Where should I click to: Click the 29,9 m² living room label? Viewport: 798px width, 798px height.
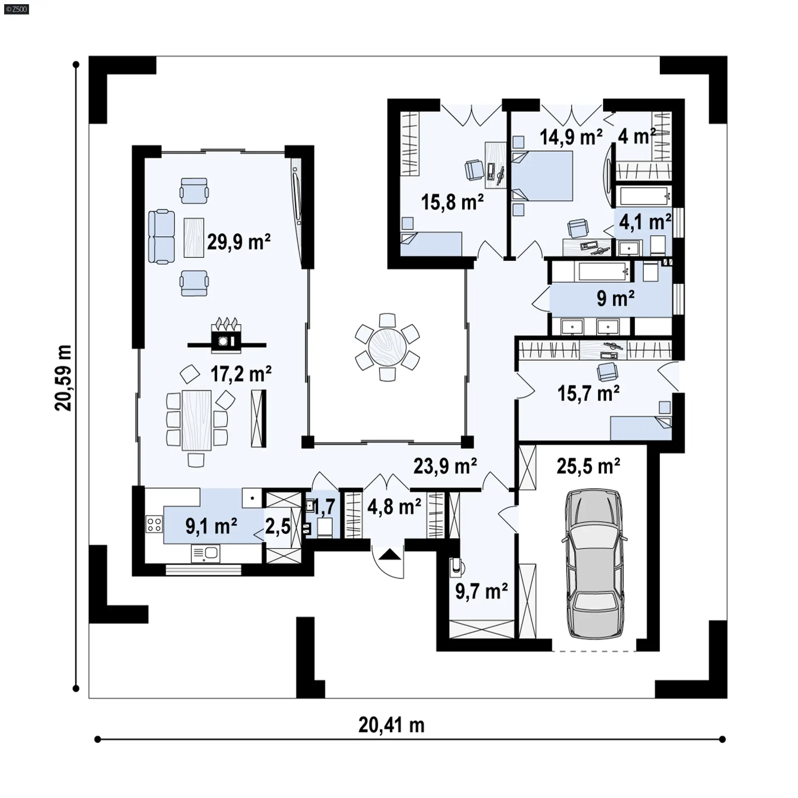pyautogui.click(x=239, y=241)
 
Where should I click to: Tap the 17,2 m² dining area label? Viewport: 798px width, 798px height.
pyautogui.click(x=241, y=374)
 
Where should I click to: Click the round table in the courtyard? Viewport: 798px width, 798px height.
pyautogui.click(x=387, y=347)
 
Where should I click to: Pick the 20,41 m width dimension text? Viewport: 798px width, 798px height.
pyautogui.click(x=392, y=725)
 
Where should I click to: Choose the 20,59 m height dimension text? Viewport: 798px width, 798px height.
pyautogui.click(x=63, y=378)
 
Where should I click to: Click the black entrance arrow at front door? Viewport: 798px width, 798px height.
pyautogui.click(x=387, y=554)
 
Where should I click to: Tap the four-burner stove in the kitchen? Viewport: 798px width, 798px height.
pyautogui.click(x=154, y=524)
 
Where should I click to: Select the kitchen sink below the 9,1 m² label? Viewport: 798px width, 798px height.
pyautogui.click(x=205, y=554)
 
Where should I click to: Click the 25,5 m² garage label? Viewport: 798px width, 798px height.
pyautogui.click(x=588, y=466)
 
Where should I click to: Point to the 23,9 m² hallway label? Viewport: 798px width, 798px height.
pyautogui.click(x=445, y=466)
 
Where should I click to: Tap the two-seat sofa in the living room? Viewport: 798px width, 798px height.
pyautogui.click(x=162, y=237)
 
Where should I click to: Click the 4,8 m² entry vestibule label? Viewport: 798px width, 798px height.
pyautogui.click(x=394, y=507)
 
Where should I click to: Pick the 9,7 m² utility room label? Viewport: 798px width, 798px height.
pyautogui.click(x=481, y=591)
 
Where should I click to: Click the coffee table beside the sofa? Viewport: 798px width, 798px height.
pyautogui.click(x=194, y=237)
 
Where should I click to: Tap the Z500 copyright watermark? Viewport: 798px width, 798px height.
pyautogui.click(x=17, y=9)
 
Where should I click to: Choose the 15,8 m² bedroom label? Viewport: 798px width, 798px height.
pyautogui.click(x=452, y=202)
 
